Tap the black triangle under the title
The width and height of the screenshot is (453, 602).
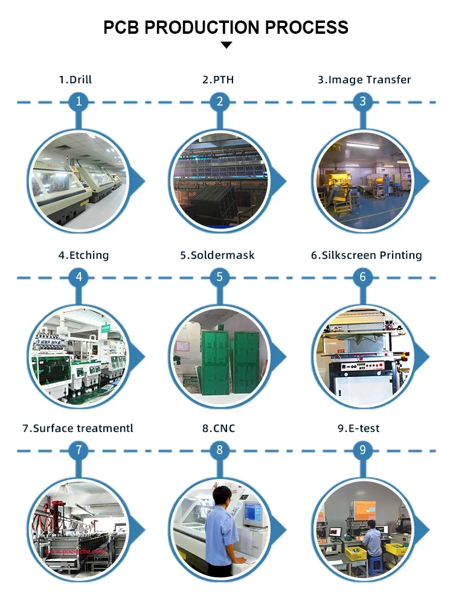(x=226, y=45)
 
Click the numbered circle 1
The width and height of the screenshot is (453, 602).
(x=78, y=101)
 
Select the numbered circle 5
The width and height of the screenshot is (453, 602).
(x=220, y=277)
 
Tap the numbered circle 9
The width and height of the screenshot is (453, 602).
(x=362, y=450)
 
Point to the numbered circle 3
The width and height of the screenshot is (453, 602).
(x=362, y=101)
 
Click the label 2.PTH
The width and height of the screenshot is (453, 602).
(x=218, y=80)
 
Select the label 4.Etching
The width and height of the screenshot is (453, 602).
(x=83, y=255)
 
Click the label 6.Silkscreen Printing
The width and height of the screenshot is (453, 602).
(x=366, y=255)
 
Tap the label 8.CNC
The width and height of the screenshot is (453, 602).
(x=219, y=429)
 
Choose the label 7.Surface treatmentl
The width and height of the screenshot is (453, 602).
(x=78, y=429)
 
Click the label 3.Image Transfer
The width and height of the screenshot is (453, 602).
(x=364, y=80)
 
